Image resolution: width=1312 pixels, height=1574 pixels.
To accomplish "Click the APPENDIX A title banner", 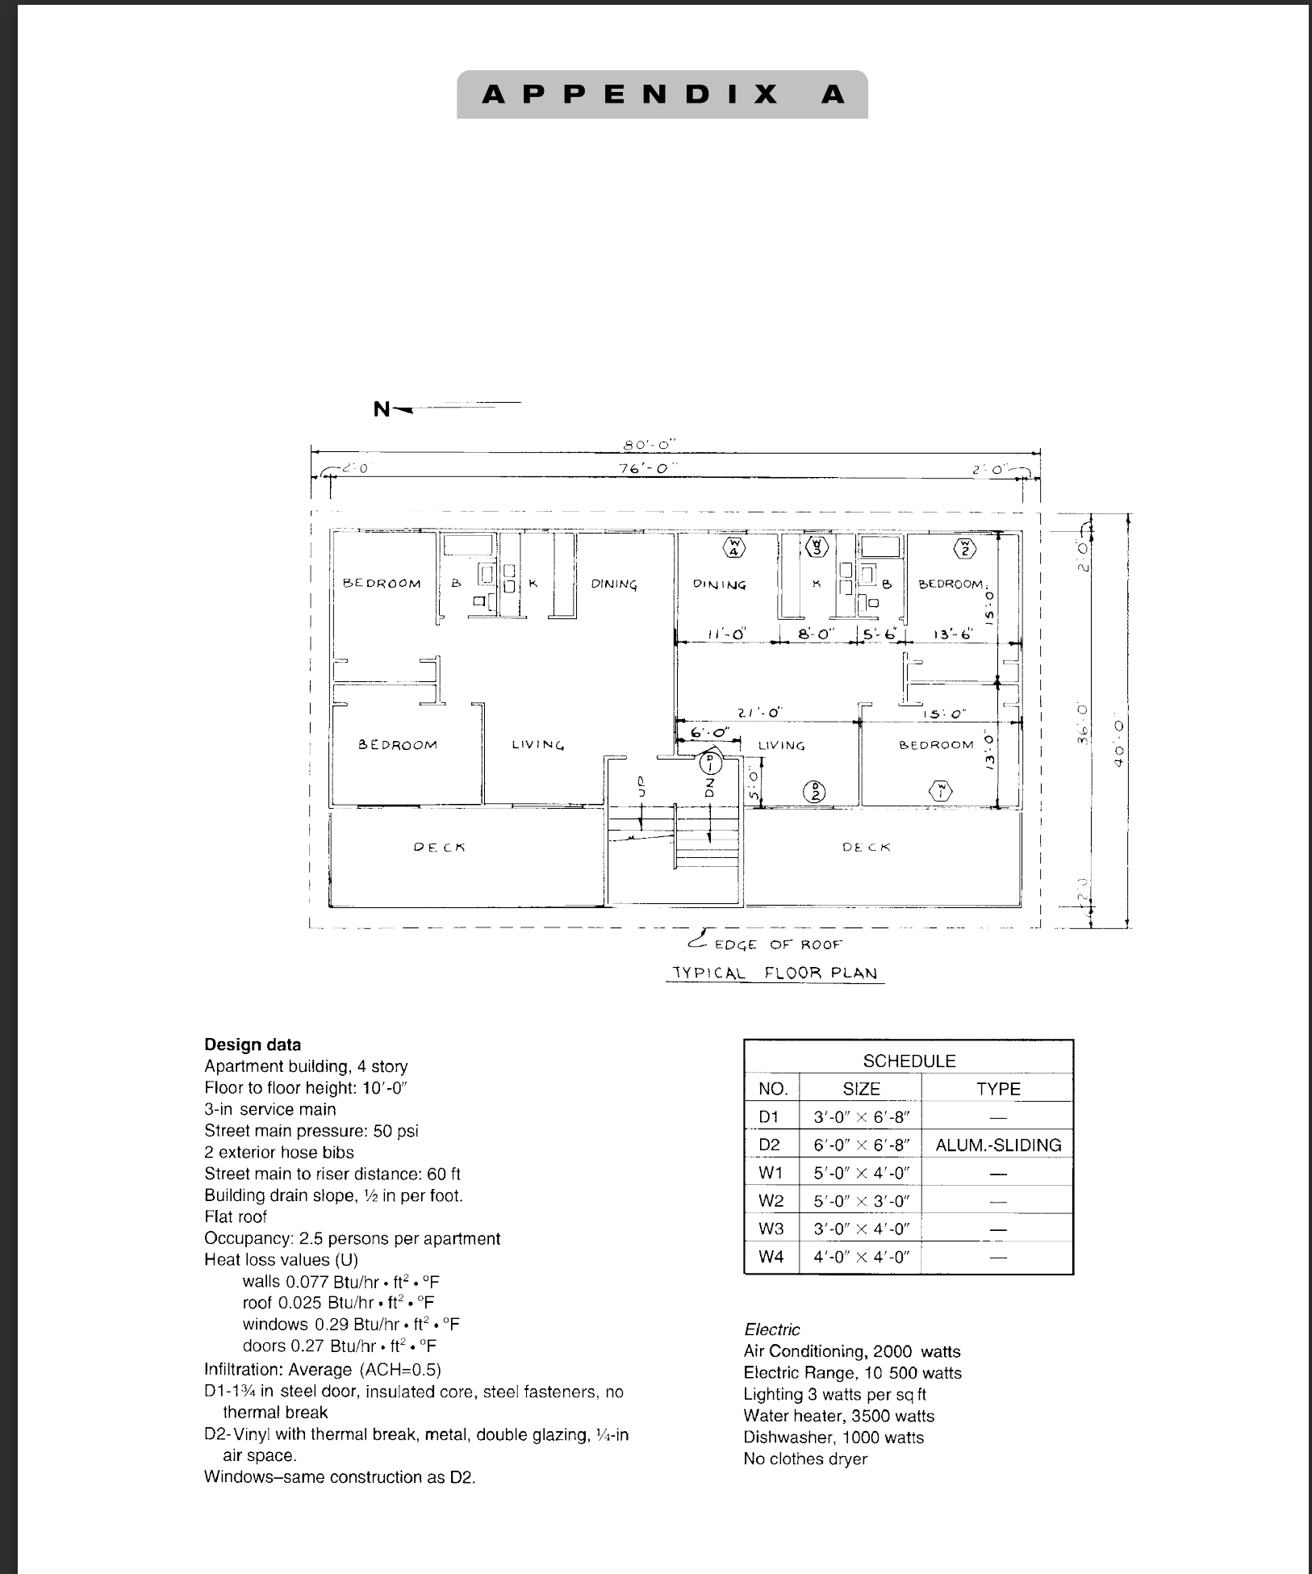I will [662, 94].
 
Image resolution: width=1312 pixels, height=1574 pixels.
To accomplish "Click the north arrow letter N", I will [381, 409].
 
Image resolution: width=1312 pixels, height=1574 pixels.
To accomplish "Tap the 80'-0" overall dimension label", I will [650, 445].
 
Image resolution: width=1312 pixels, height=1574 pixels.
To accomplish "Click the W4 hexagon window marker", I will [734, 548].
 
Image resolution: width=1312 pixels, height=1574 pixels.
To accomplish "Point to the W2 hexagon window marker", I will [964, 548].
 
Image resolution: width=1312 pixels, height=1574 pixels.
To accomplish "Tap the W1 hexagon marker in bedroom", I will [941, 791].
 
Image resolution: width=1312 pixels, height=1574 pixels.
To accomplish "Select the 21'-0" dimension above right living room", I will [759, 713].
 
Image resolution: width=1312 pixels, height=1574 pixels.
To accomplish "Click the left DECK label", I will [439, 847].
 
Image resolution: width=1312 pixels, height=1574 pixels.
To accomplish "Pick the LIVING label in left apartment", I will [537, 744].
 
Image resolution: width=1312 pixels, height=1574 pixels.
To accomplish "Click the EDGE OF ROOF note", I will [778, 944].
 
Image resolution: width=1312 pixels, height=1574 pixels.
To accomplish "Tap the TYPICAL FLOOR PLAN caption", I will [775, 973].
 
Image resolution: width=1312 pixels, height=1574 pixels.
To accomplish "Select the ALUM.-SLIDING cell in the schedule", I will [998, 1145].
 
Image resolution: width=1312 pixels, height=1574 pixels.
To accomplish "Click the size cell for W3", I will [861, 1229].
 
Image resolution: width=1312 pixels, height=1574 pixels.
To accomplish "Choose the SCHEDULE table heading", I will [909, 1061].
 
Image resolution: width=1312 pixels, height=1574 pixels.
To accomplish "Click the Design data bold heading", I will [253, 1044].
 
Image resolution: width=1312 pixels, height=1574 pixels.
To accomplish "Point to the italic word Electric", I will [772, 1329].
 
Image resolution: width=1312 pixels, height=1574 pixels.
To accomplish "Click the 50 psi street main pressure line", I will [311, 1131].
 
